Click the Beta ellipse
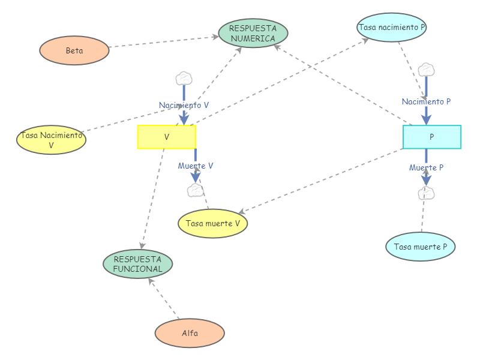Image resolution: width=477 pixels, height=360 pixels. point(74,50)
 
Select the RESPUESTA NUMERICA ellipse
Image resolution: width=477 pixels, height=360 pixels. point(253,33)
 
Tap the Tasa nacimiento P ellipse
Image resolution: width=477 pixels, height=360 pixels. point(392,27)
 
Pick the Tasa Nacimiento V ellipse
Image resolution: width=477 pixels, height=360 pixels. point(51,139)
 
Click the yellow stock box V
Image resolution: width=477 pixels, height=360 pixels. point(167,137)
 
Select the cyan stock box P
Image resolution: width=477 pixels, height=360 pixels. point(431,137)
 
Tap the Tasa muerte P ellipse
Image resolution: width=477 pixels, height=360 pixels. point(421,247)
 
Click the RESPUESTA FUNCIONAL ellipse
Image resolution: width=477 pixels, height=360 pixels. point(138,264)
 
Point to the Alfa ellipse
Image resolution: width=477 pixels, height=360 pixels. point(190,333)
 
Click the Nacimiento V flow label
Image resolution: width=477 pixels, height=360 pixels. point(184,105)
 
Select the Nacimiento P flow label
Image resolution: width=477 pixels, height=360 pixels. point(426,101)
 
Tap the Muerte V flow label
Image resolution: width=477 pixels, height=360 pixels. point(196,166)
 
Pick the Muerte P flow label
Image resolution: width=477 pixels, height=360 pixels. point(426,167)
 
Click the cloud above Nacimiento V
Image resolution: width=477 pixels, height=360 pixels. point(184,78)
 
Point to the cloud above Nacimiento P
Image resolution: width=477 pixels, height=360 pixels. point(426,70)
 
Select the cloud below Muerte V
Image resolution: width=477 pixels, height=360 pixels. point(195,191)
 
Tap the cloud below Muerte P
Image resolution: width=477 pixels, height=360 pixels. point(426,193)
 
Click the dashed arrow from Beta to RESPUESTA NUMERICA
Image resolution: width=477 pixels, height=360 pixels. point(162,42)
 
